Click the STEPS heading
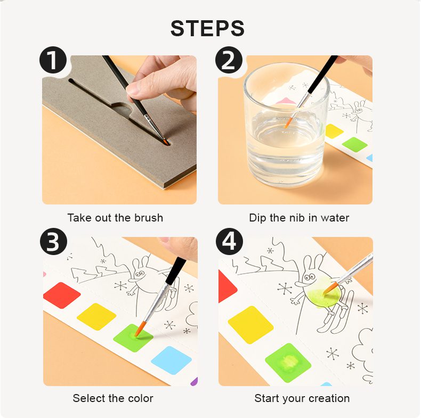point(207,28)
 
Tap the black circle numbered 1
point(53,60)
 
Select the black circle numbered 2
point(229,60)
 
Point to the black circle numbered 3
point(53,241)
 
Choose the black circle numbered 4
point(229,241)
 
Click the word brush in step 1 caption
point(149,218)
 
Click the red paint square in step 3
point(62,295)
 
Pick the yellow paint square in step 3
point(96,317)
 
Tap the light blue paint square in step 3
point(171,360)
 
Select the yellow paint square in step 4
point(250,325)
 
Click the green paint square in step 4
point(288,363)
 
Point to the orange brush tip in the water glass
point(288,123)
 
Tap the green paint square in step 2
point(354,144)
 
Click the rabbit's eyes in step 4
point(310,276)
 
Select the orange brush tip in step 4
point(330,288)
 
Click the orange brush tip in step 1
point(166,142)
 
